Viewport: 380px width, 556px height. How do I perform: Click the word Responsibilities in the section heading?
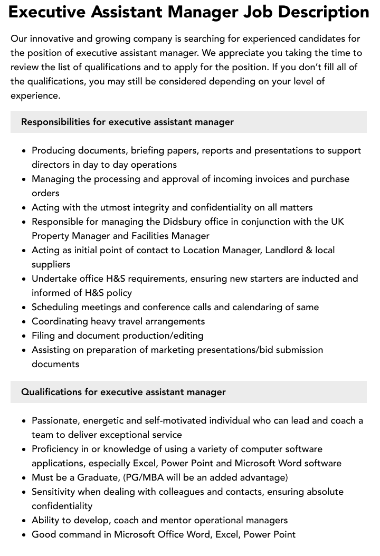pos(55,122)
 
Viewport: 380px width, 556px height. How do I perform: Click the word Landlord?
pos(282,250)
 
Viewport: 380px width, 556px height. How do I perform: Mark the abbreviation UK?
pos(337,222)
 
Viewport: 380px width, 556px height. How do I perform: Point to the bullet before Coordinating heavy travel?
pos(24,321)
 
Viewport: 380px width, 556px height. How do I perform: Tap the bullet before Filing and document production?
pos(24,335)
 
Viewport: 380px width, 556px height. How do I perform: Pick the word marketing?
pos(166,350)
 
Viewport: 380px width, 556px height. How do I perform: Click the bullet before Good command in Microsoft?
pos(24,534)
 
